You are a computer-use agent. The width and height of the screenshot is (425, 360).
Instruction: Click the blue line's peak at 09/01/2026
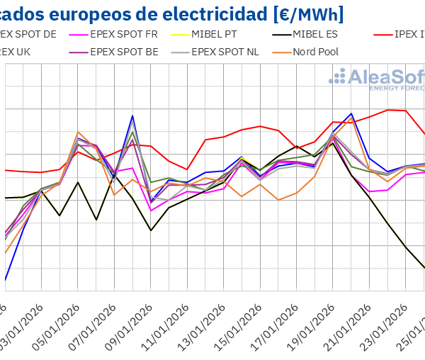[132, 116]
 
